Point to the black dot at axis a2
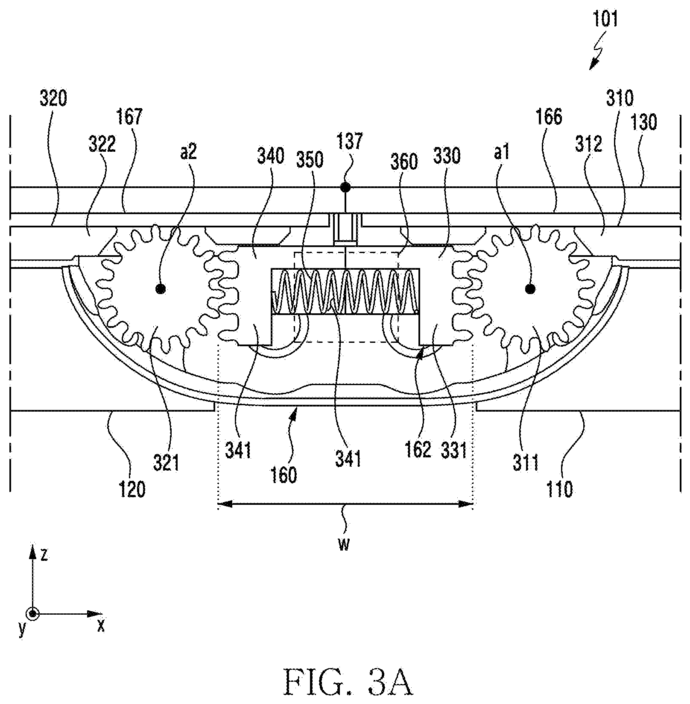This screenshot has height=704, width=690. point(161,289)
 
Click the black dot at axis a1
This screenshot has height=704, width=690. point(530,289)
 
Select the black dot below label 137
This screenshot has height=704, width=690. point(345,187)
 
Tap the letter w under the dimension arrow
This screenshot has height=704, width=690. point(344,545)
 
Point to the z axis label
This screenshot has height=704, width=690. point(44,554)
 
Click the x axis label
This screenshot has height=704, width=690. point(101,626)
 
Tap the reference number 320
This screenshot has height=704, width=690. point(53,99)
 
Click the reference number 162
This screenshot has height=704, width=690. point(418,450)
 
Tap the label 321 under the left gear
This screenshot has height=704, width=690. point(167,463)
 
